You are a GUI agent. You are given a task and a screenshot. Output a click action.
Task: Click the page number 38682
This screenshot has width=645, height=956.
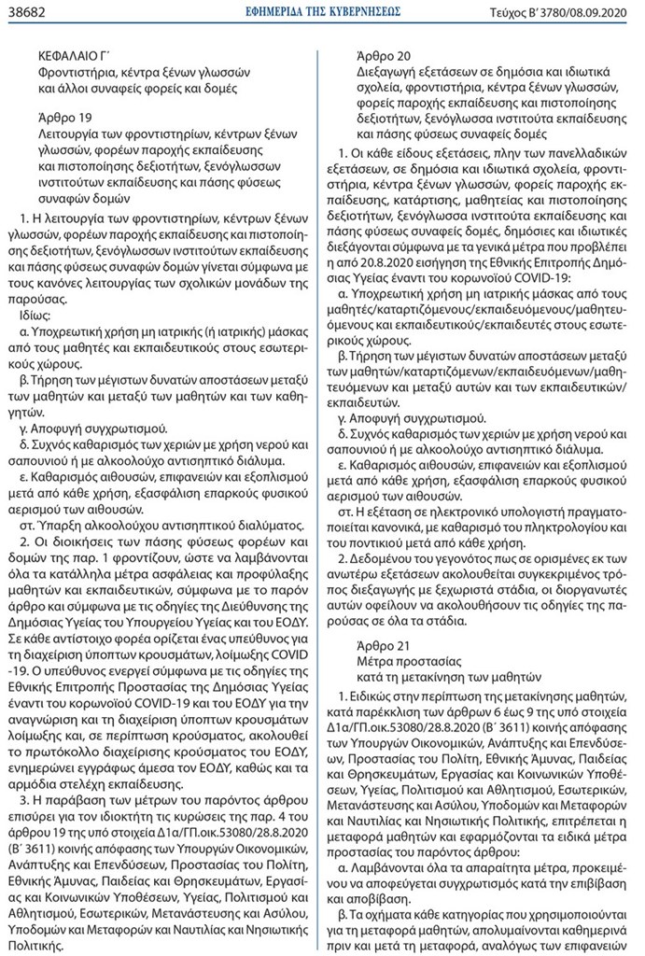tap(29, 11)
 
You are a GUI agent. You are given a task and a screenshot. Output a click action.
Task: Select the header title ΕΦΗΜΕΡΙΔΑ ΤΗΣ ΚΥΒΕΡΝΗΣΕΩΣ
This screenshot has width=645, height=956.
tap(321, 11)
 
